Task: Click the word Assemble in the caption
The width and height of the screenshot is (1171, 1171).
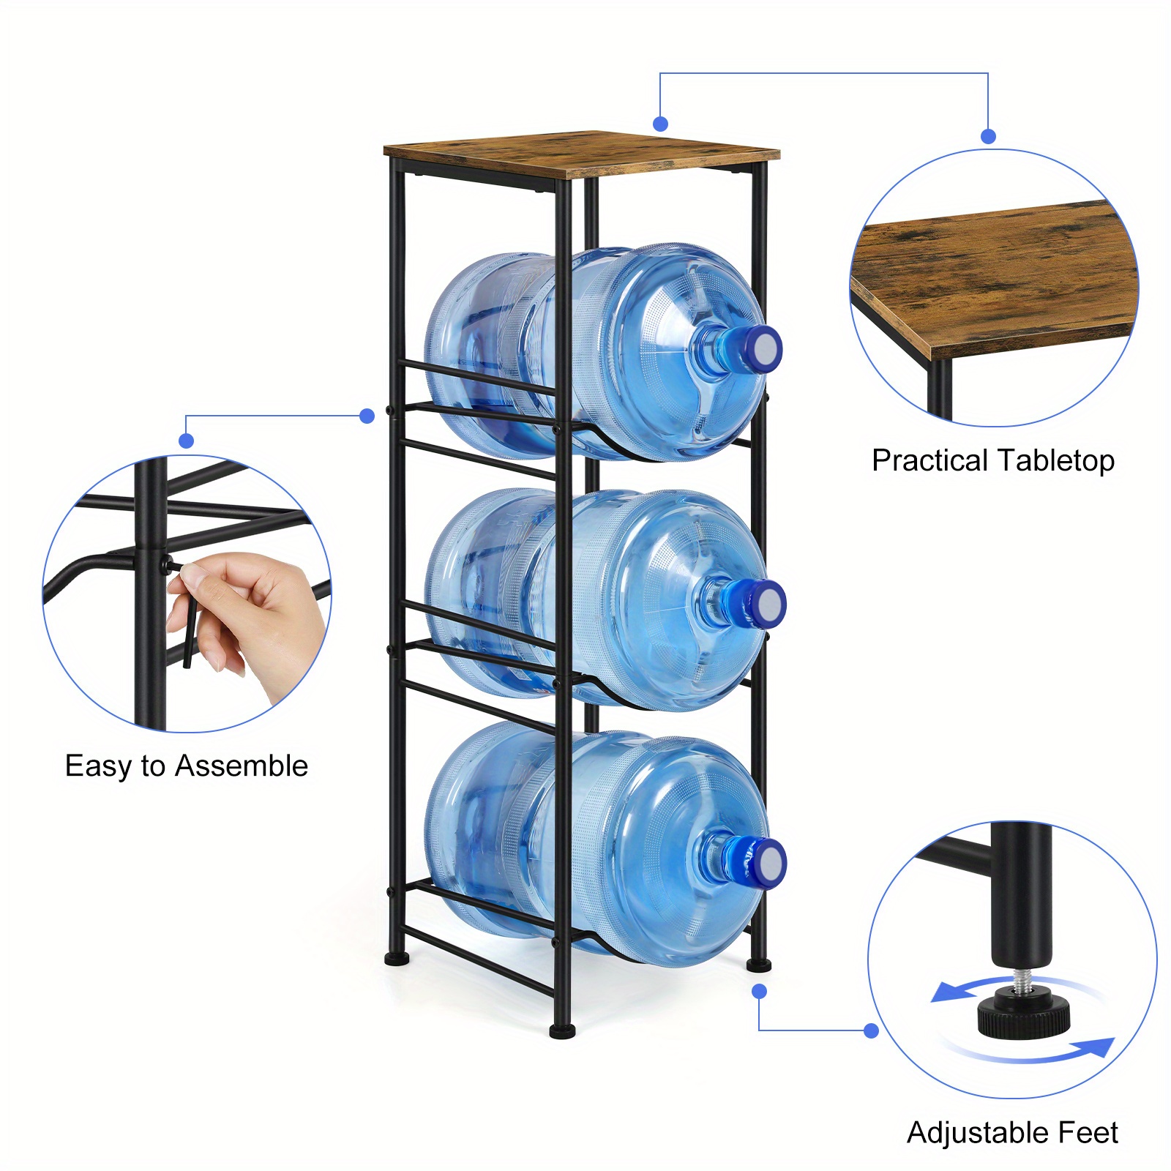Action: pyautogui.click(x=242, y=766)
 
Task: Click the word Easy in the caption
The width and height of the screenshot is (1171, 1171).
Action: pyautogui.click(x=99, y=767)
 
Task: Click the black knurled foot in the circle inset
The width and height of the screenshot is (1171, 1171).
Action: pyautogui.click(x=1023, y=1013)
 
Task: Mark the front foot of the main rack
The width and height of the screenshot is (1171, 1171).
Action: pyautogui.click(x=562, y=1031)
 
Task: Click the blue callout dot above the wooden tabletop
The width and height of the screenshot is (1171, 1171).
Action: pyautogui.click(x=661, y=124)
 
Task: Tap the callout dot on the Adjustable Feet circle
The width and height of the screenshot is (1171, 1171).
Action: pyautogui.click(x=871, y=1030)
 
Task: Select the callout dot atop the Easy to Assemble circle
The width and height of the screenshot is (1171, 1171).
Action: pyautogui.click(x=187, y=441)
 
